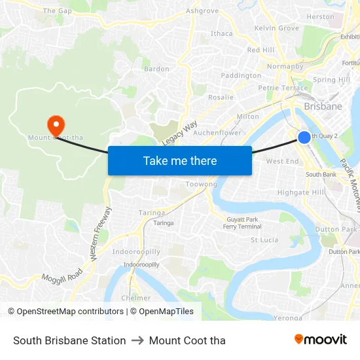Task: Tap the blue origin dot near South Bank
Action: coord(304,137)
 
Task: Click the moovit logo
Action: coord(320,339)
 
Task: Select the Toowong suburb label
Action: coord(201,185)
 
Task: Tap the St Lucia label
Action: coord(266,240)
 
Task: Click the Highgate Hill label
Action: coord(300,192)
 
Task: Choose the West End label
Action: coord(283,161)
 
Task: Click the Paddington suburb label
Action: coord(241,76)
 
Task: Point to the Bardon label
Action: coord(156,69)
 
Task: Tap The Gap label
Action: coord(57,11)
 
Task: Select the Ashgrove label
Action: coord(202,11)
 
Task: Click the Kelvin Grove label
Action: coord(276,28)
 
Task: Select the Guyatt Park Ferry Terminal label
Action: coord(242,223)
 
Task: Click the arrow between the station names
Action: coord(137,340)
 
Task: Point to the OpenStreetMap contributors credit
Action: coord(66,312)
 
